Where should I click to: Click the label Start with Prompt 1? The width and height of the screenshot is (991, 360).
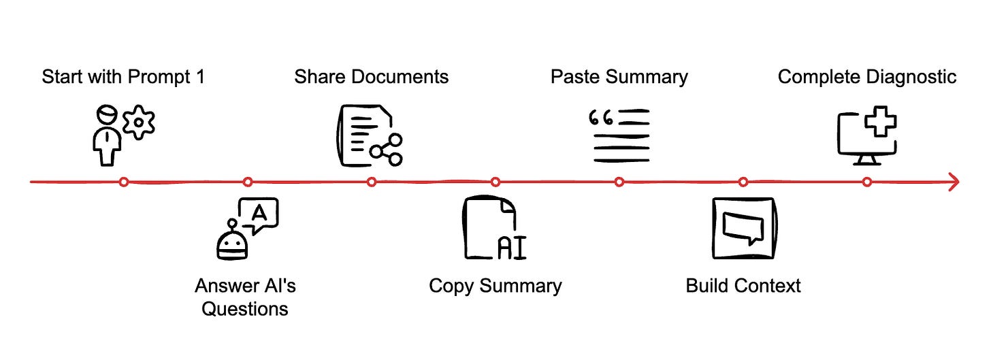[x=123, y=77]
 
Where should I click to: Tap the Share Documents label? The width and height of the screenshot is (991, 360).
[x=371, y=77]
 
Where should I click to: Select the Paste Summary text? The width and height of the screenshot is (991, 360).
[x=619, y=77]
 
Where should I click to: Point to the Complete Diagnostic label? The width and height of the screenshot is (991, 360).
[x=866, y=77]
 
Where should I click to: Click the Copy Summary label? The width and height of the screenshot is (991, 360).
[x=495, y=285]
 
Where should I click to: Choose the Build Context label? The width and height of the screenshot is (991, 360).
[x=743, y=285]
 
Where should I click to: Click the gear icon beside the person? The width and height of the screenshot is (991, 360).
[x=140, y=122]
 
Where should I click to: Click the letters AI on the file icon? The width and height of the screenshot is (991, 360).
[x=512, y=248]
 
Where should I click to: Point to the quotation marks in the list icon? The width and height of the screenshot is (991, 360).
[x=601, y=118]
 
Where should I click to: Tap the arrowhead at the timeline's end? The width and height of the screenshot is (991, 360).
[x=954, y=182]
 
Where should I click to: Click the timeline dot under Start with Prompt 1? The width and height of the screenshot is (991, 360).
[x=123, y=182]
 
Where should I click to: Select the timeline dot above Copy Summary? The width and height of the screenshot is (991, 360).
[x=495, y=182]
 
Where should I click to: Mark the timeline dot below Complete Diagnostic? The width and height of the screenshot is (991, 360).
[x=866, y=182]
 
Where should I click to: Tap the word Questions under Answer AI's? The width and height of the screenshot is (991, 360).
[x=245, y=309]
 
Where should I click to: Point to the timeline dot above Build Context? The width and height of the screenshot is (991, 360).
[x=743, y=182]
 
